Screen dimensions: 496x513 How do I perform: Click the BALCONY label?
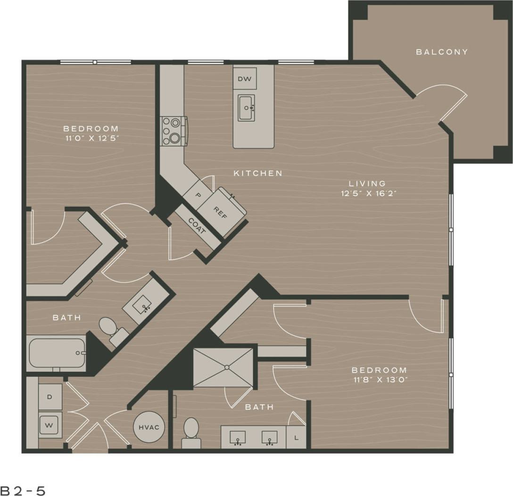pos(442,52)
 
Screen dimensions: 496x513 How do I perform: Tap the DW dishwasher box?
pos(245,78)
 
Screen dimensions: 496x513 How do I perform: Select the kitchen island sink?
pos(246,108)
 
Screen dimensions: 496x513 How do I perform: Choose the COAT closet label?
pos(197,227)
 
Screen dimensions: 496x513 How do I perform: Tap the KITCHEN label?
pos(258,173)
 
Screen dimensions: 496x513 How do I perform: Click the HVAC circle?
pos(149,427)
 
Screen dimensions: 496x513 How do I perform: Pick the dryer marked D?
pos(50,396)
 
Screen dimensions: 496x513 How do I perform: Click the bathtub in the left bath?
pos(57,353)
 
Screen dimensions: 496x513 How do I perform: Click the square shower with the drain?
pos(223,368)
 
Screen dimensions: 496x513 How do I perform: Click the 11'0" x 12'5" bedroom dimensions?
pos(91,138)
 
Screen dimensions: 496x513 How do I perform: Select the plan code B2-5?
pos(23,490)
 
